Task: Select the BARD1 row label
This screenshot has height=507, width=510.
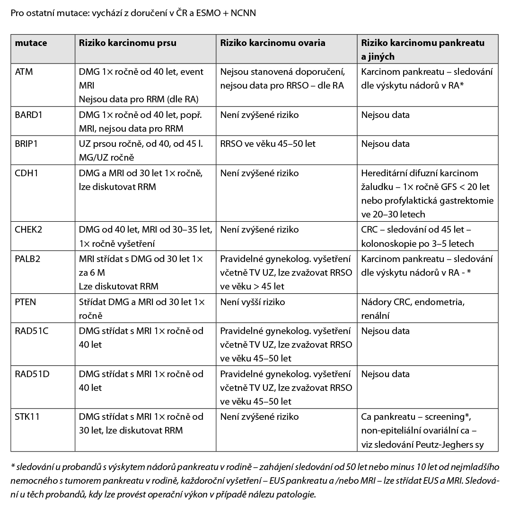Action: coord(28,115)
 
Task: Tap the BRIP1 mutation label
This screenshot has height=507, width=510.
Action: coord(26,144)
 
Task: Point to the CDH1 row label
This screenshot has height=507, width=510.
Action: coord(26,173)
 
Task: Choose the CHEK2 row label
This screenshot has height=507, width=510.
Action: coord(29,230)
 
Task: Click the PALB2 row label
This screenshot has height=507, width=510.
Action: coord(28,259)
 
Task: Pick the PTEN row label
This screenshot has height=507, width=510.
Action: coord(26,302)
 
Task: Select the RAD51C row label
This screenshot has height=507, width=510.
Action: coord(32,331)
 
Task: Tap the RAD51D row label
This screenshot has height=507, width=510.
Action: coord(32,374)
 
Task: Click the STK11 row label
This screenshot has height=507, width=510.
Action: coord(27,417)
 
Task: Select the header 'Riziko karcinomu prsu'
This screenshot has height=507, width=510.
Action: coord(127,43)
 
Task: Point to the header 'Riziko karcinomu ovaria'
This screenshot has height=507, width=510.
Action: coord(273,43)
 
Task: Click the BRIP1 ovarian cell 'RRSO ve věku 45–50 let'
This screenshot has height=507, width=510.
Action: coord(268,144)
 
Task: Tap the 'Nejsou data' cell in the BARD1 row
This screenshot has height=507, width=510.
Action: coord(385,115)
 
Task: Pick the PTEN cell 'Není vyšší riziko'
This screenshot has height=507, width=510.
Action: coord(253,302)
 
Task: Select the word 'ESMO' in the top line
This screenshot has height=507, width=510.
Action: coord(202,13)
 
